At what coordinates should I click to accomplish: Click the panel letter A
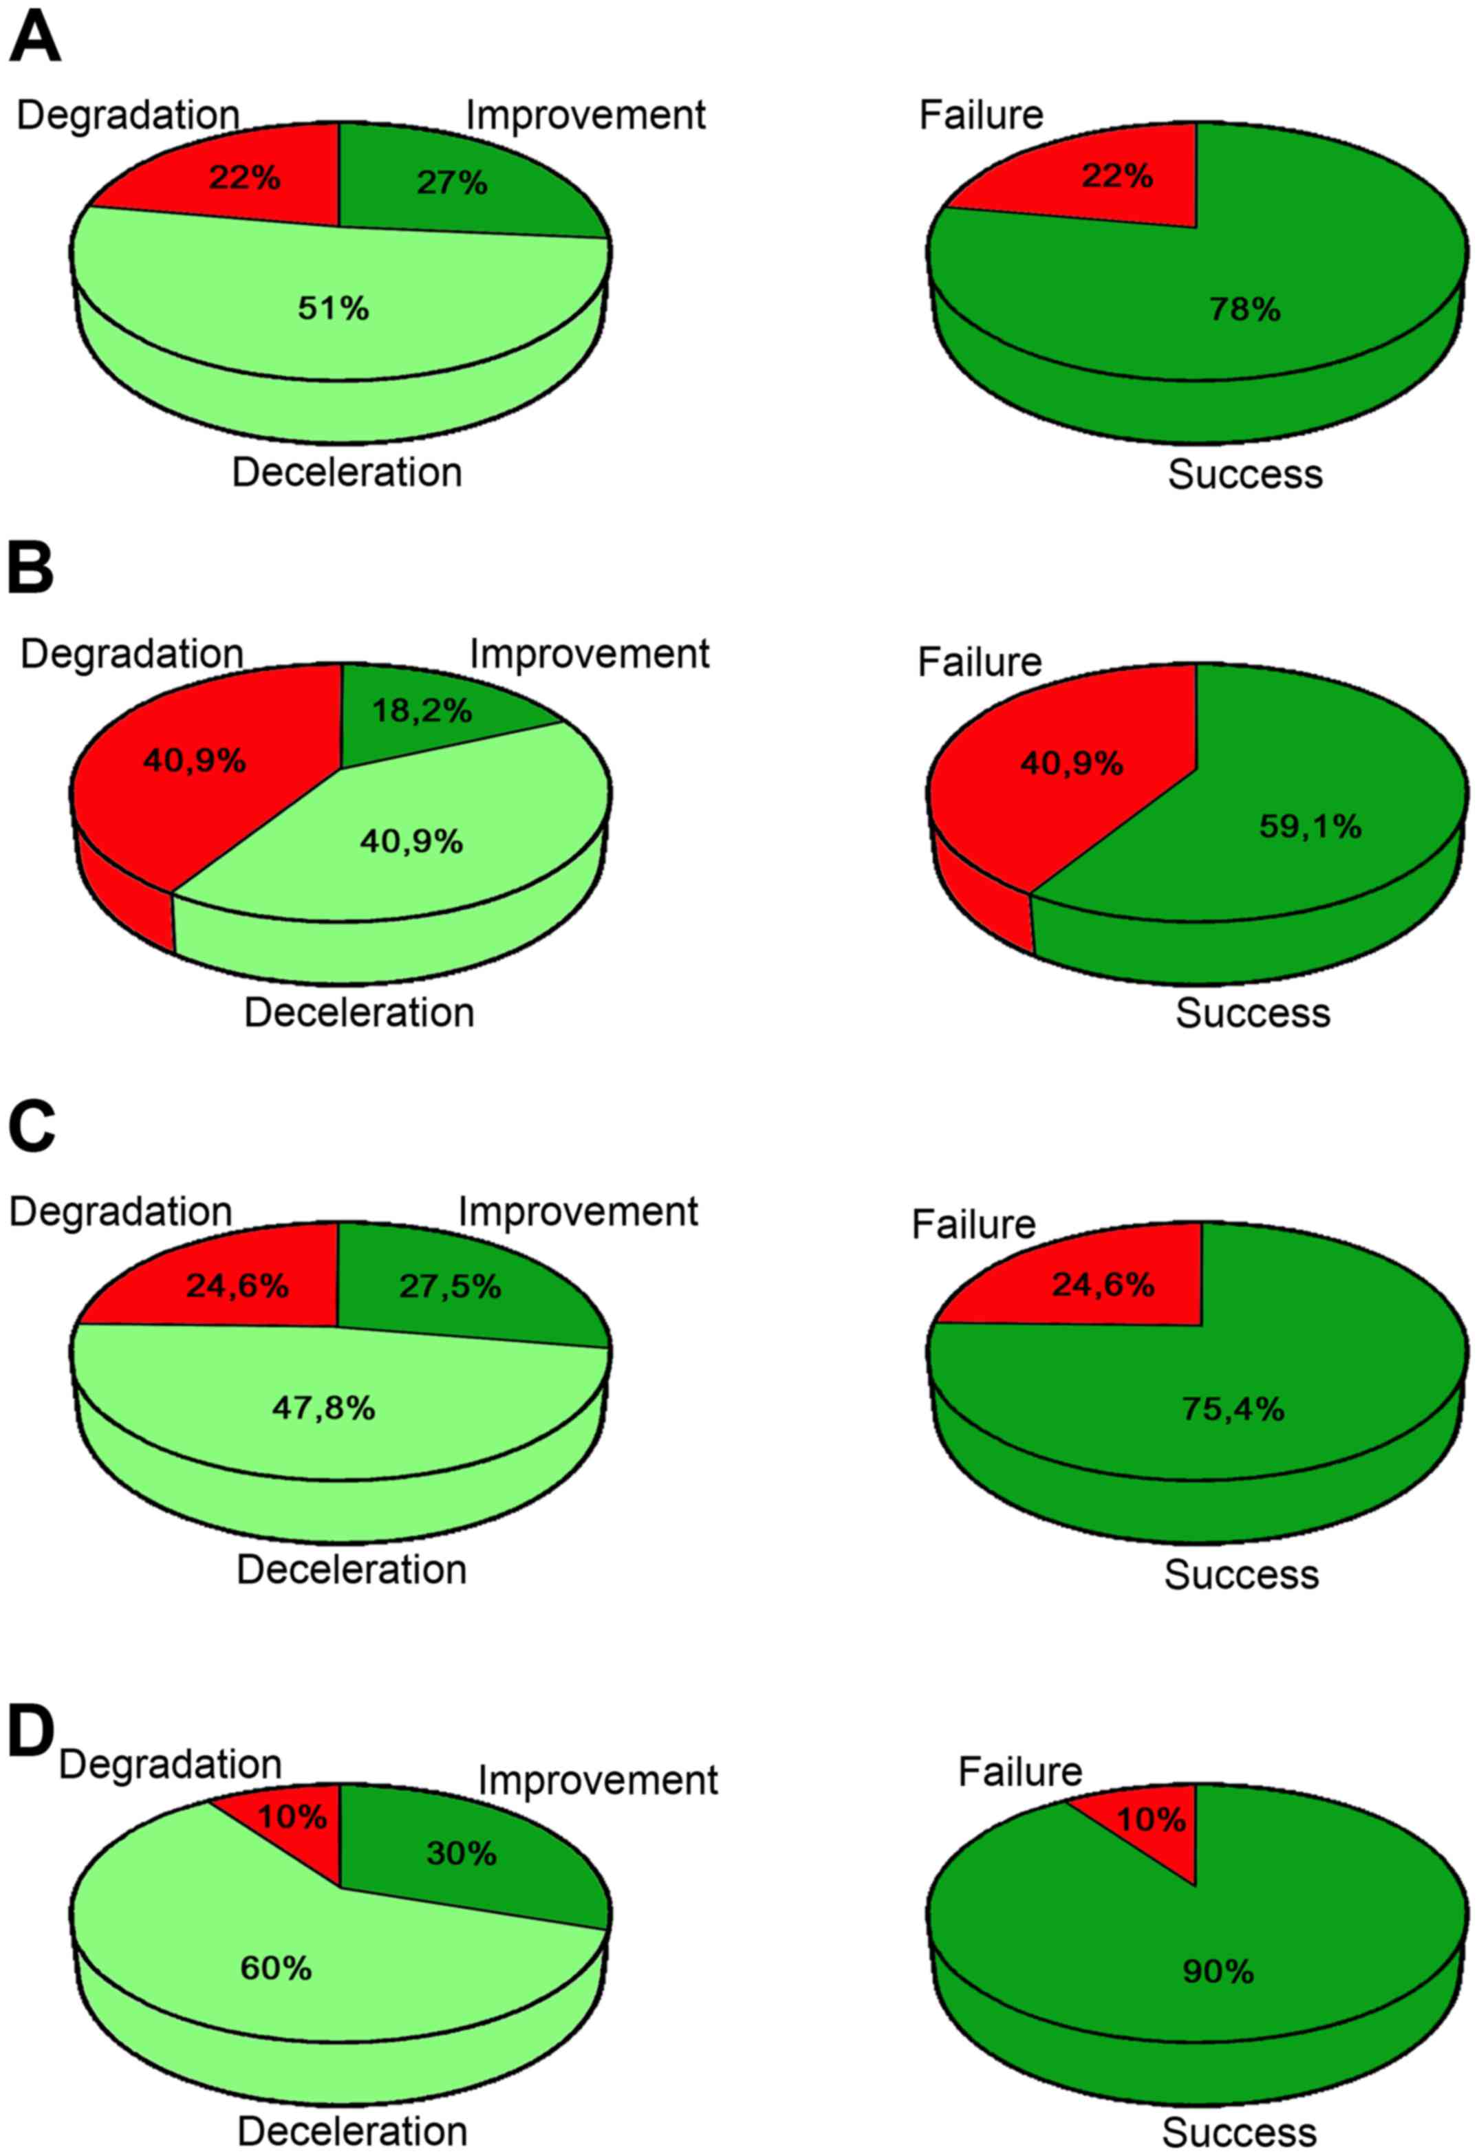[x=34, y=39]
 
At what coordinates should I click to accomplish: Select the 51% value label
[x=333, y=308]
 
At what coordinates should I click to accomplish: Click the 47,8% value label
[x=323, y=1408]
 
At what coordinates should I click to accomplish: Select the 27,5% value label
[x=450, y=1286]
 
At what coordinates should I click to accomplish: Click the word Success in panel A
[x=1244, y=474]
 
